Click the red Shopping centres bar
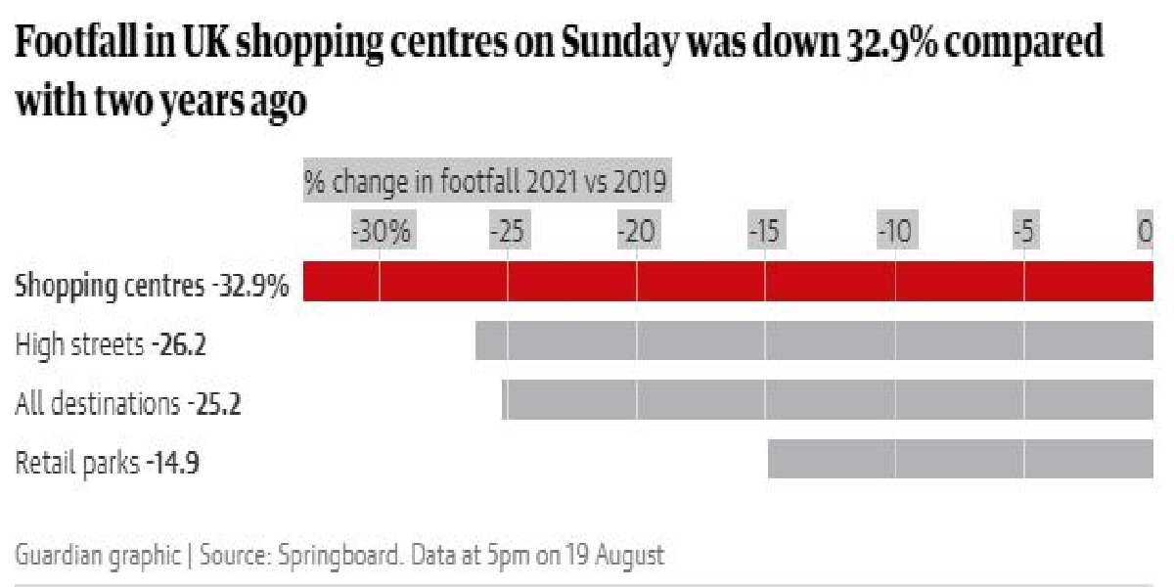729,282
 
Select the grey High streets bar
815,340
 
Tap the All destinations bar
828,400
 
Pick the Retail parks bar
961,459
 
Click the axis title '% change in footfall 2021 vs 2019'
485,182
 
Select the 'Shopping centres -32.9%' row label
153,287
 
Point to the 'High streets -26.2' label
111,344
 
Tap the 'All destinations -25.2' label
128,403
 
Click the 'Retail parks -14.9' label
108,462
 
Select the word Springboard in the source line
332,556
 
